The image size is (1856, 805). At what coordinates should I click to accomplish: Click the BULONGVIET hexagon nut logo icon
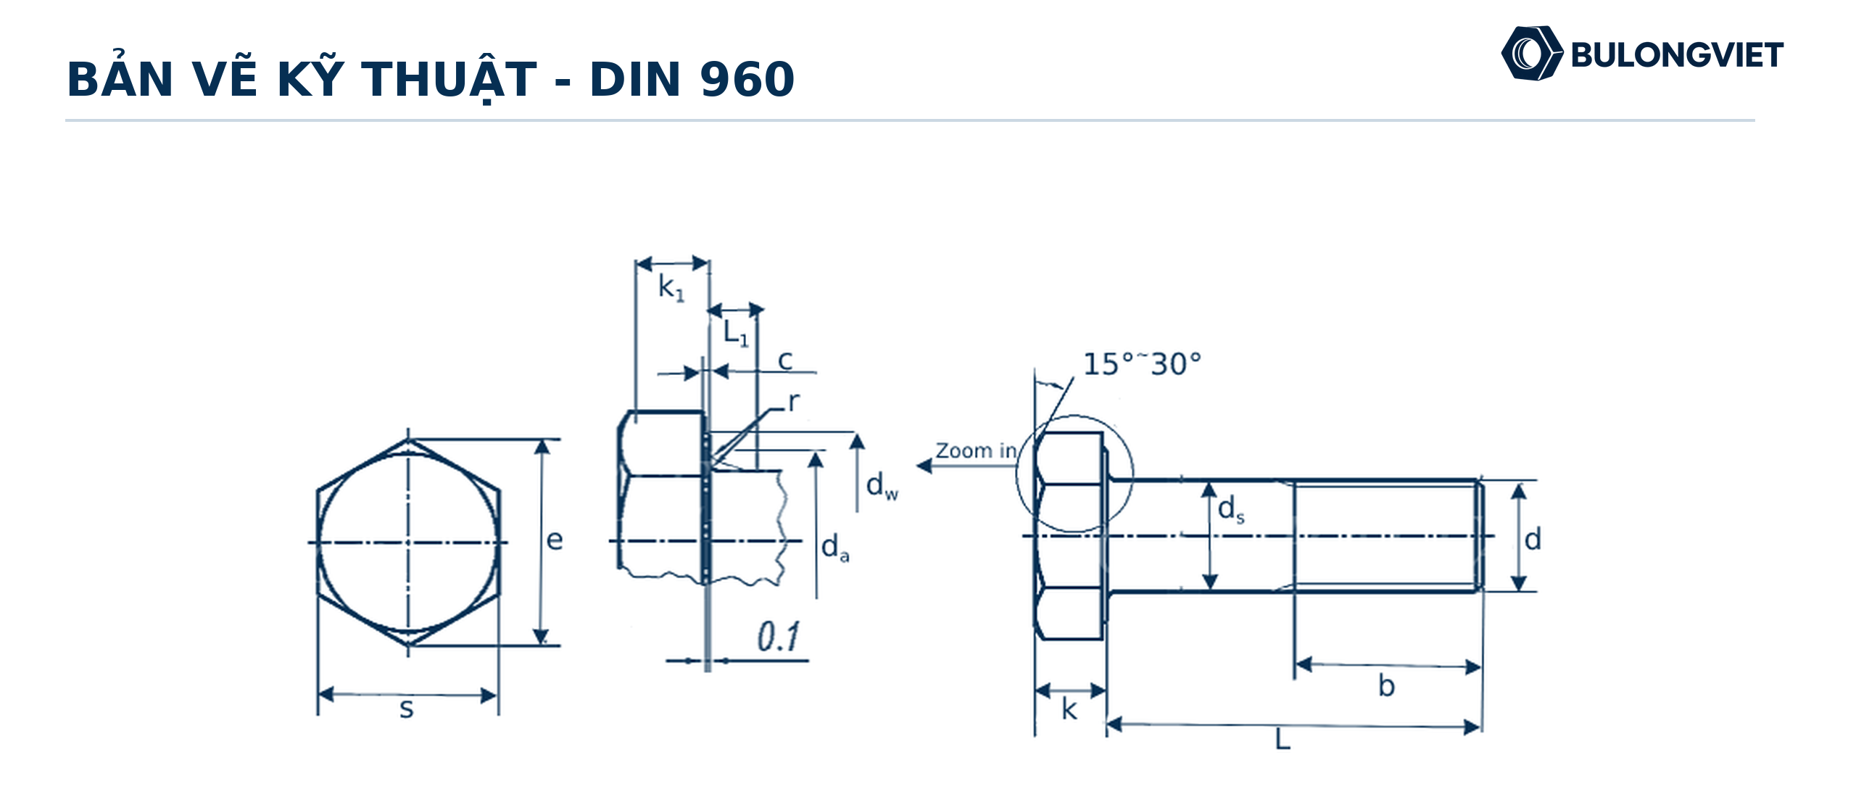[x=1531, y=54]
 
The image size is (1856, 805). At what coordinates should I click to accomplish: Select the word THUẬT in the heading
[x=449, y=80]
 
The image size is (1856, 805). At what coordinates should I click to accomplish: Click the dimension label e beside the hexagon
[x=555, y=540]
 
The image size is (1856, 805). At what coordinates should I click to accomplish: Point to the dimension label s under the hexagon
[x=407, y=709]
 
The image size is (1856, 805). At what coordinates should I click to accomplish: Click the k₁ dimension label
[x=671, y=288]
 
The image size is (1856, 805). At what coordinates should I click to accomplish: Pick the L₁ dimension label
[x=736, y=333]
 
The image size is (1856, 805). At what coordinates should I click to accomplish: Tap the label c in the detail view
[x=785, y=360]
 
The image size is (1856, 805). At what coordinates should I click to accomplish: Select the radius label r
[x=794, y=401]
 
